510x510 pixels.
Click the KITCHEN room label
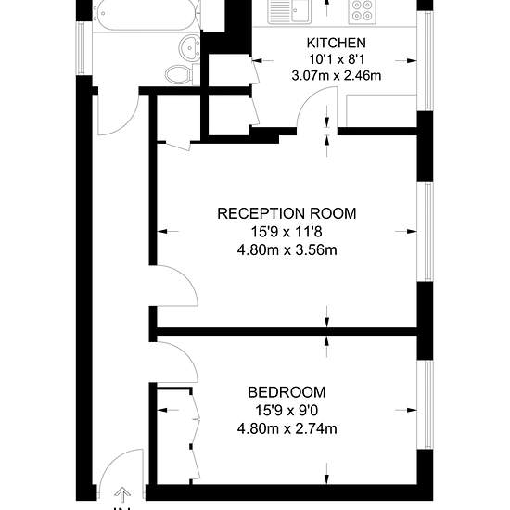[336, 43]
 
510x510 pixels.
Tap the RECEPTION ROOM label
[287, 213]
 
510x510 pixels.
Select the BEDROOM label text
[287, 392]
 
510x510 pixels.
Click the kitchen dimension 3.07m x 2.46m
[337, 76]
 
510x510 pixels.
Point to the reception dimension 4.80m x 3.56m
[287, 250]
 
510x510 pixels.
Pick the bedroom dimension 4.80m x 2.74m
[287, 428]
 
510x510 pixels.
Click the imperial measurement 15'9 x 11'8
[287, 232]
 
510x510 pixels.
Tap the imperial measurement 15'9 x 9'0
[287, 411]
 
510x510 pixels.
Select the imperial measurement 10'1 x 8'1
[337, 59]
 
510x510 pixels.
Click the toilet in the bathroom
[180, 74]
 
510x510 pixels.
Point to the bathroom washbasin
[189, 48]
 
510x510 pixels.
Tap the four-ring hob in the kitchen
[363, 10]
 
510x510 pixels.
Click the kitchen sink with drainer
[289, 11]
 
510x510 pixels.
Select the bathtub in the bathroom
[146, 15]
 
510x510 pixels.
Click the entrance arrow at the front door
[122, 495]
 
